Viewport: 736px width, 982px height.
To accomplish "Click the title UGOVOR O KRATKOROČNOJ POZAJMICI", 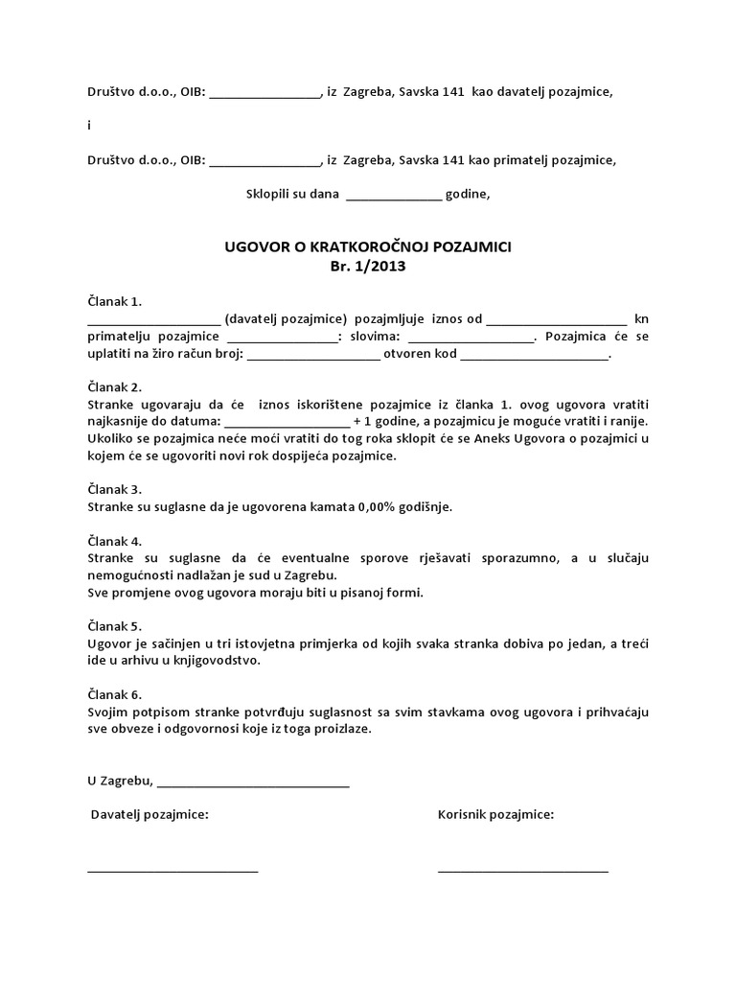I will (x=368, y=246).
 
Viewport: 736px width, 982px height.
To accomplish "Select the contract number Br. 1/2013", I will (x=368, y=267).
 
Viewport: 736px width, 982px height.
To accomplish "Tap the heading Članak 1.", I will (x=114, y=301).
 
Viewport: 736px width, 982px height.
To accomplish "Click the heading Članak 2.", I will (x=114, y=386).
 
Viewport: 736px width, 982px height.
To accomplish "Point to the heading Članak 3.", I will (x=114, y=488).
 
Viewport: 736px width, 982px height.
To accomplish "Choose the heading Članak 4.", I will (x=114, y=539).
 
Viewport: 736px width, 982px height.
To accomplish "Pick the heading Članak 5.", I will (x=114, y=625).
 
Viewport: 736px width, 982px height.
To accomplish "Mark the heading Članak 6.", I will (x=114, y=693).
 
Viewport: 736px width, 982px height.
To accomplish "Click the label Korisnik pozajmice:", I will (x=495, y=814).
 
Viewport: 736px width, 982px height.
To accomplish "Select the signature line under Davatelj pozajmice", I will (x=172, y=870).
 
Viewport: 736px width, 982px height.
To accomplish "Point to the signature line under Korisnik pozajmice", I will (x=523, y=870).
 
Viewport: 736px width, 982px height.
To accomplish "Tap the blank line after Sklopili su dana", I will (x=394, y=198).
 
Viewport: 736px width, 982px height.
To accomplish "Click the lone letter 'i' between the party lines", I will (x=88, y=126).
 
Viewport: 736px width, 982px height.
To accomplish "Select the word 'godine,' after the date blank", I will (x=469, y=195).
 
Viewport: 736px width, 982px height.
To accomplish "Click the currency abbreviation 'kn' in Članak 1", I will (x=641, y=318).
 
